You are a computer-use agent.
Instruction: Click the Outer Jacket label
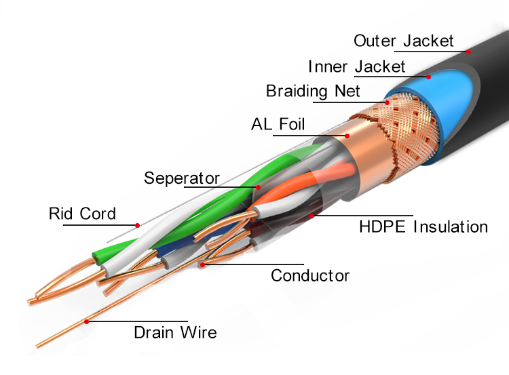click(x=403, y=41)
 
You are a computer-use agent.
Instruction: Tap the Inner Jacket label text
click(x=356, y=66)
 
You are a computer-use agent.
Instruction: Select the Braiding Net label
click(x=313, y=91)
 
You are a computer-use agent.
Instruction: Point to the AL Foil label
click(x=278, y=124)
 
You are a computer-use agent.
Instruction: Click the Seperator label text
click(x=182, y=178)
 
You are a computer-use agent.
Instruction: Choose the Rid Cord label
click(x=82, y=214)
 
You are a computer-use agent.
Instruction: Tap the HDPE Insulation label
click(x=423, y=226)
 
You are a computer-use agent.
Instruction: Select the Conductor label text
click(x=310, y=276)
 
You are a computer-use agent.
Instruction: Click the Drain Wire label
click(x=175, y=332)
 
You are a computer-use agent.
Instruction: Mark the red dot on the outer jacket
click(x=468, y=52)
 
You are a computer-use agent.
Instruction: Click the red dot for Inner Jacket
click(x=428, y=77)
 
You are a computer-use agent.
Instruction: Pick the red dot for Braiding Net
click(x=387, y=102)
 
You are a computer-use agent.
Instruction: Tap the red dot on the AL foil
click(x=347, y=136)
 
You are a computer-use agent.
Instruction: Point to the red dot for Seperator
click(x=258, y=187)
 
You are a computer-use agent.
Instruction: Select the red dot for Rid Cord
click(x=137, y=225)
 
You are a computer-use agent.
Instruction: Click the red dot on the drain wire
click(x=86, y=321)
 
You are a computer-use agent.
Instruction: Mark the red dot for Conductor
click(x=202, y=264)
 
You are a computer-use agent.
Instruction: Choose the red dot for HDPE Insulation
click(x=312, y=216)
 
